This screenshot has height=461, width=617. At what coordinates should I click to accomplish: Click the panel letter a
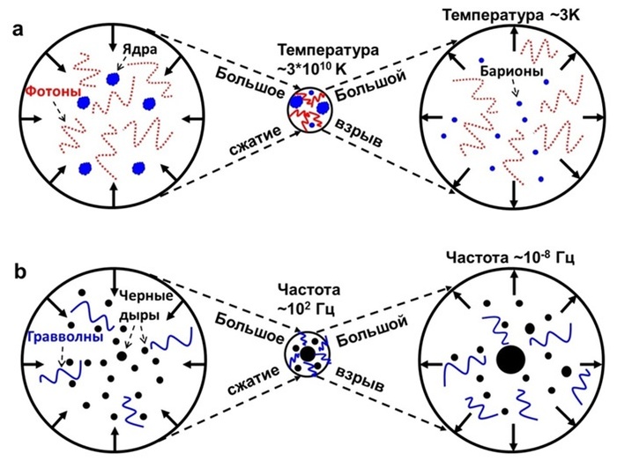(19, 30)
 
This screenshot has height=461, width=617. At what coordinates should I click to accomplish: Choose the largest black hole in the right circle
(509, 360)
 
